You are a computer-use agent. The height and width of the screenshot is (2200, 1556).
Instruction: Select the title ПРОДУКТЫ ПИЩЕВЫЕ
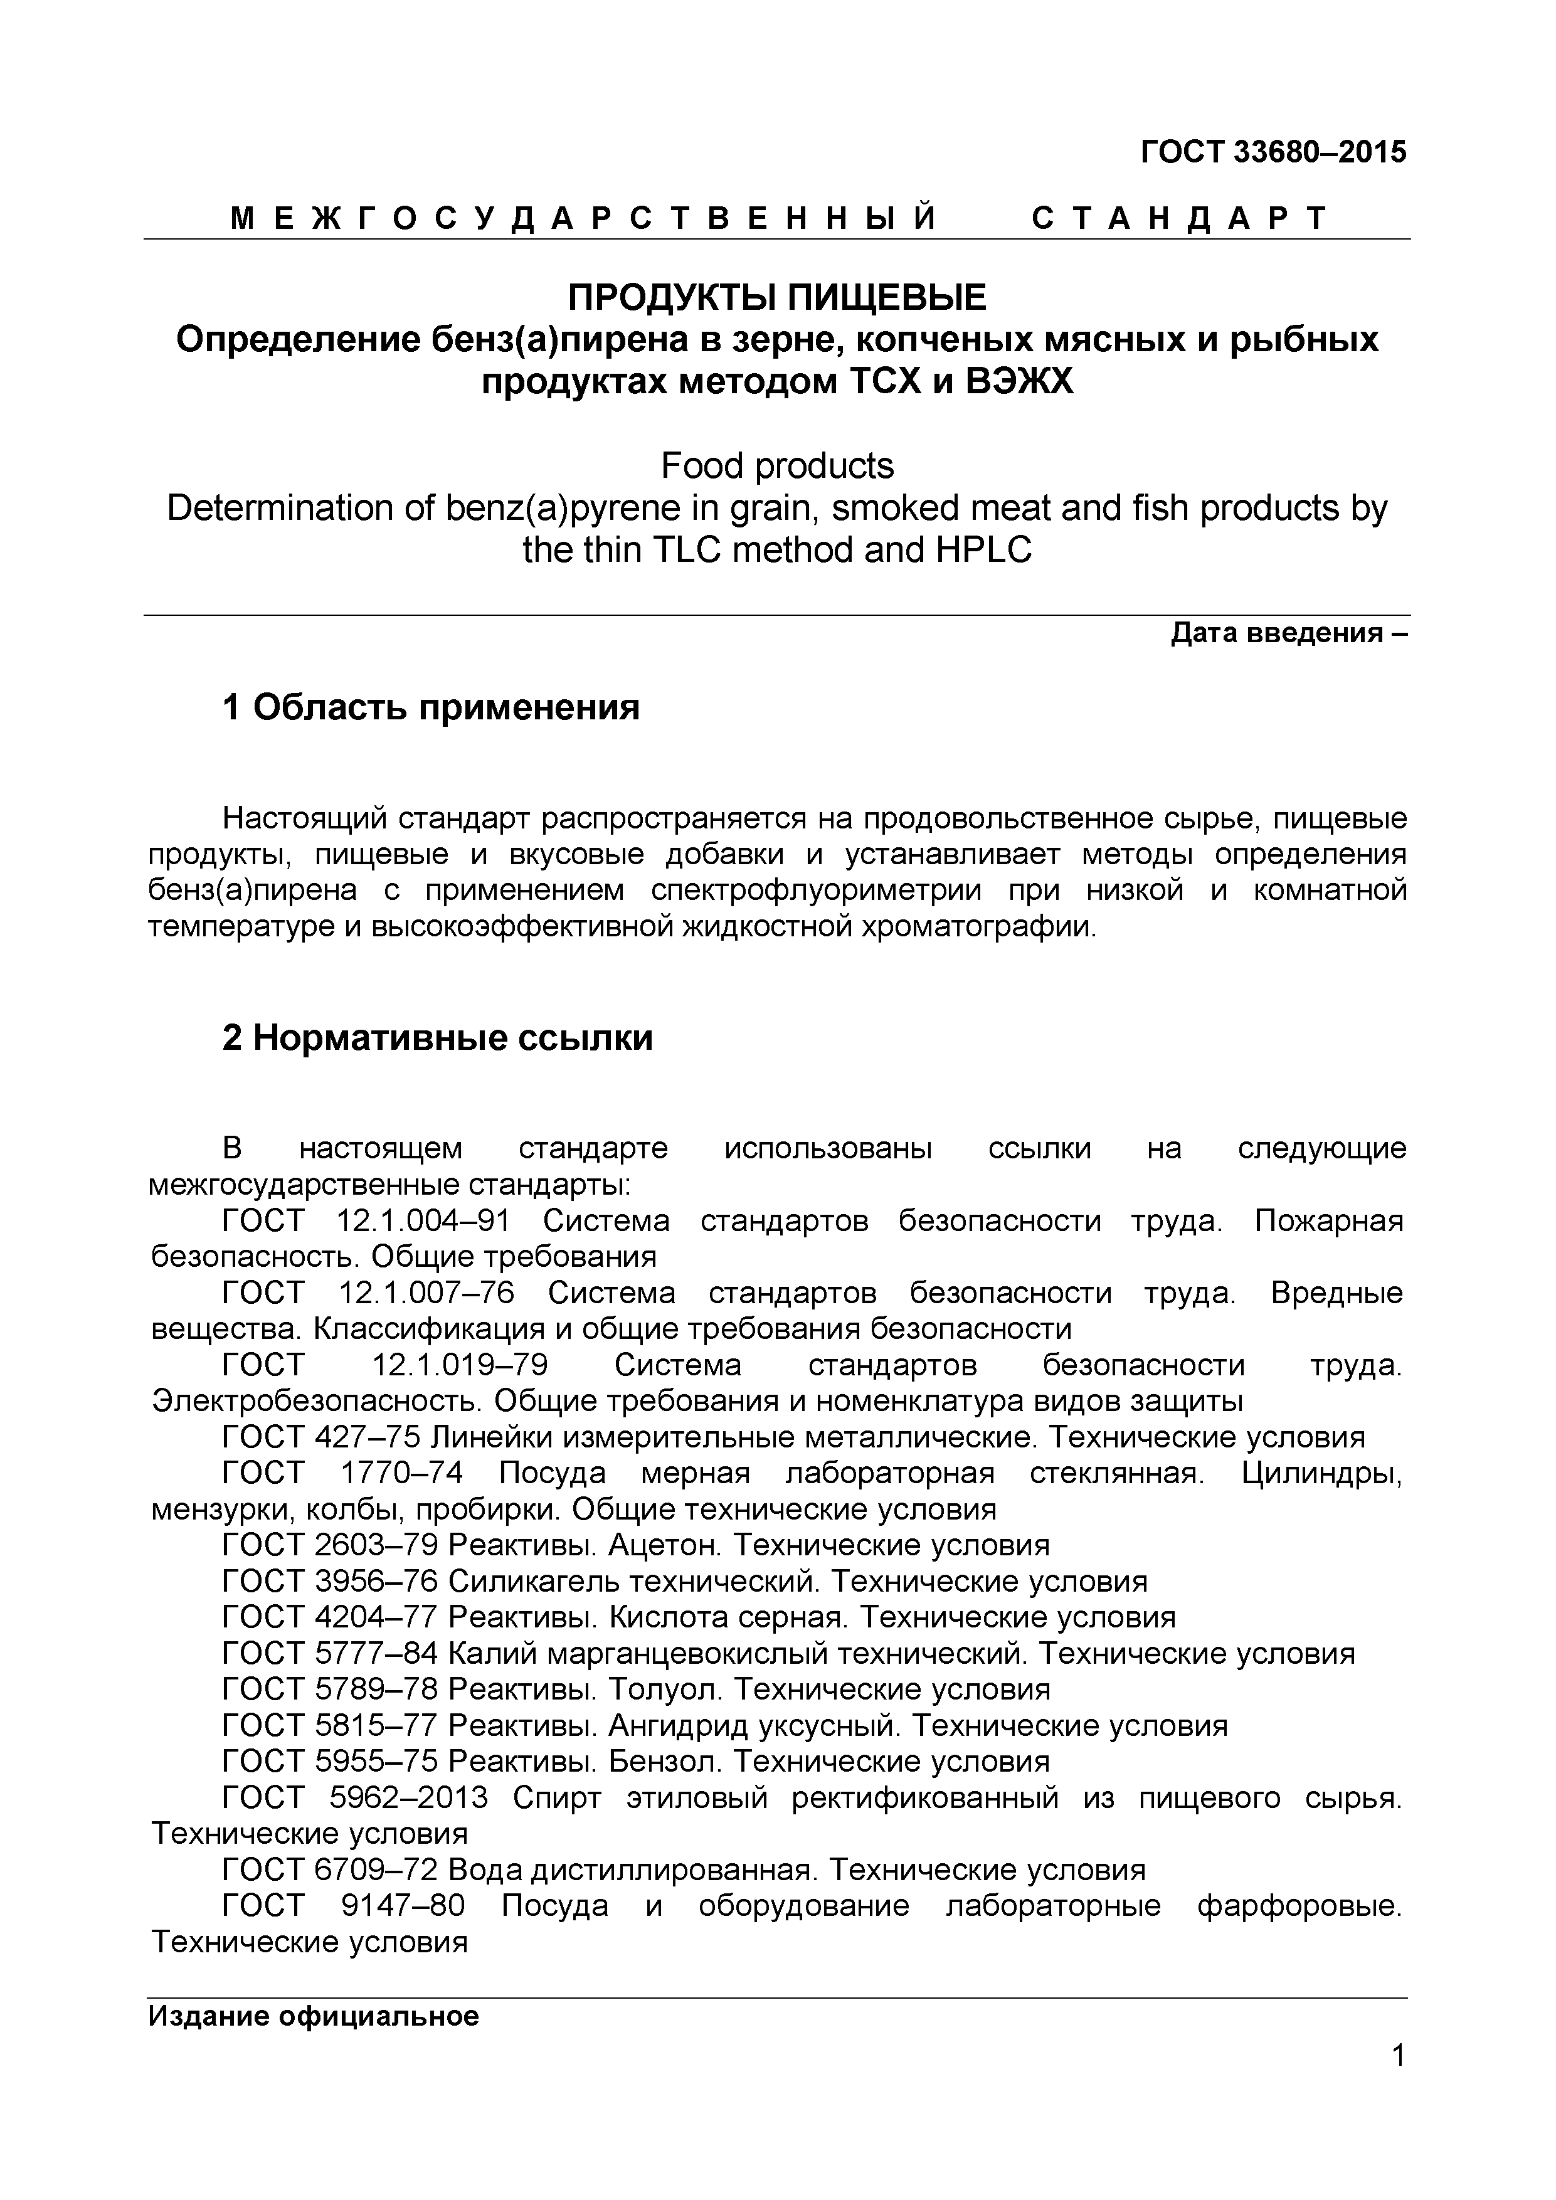(x=777, y=298)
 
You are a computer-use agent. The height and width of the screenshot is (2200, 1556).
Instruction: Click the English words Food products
(x=777, y=466)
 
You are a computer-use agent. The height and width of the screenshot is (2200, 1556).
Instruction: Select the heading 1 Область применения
(x=430, y=708)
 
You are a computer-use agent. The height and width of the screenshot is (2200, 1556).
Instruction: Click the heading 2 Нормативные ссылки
(x=437, y=1038)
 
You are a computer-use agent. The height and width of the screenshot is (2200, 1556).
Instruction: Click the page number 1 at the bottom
(x=1398, y=2081)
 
